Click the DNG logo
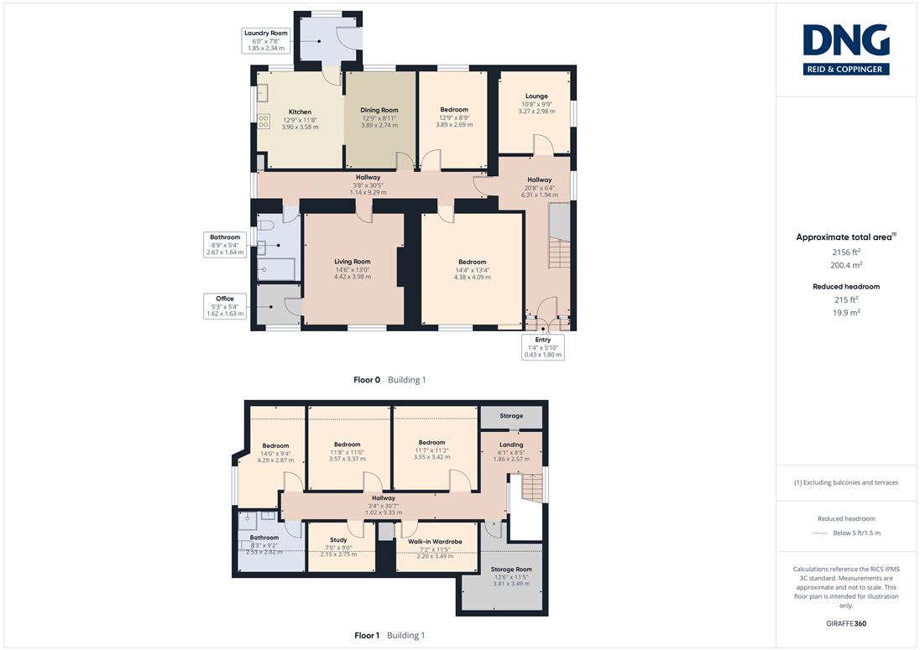(x=846, y=49)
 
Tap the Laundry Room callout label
(x=266, y=40)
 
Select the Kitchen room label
(x=300, y=119)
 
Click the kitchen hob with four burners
(x=264, y=122)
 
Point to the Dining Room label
(x=379, y=117)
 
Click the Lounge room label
(x=536, y=103)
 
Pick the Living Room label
(x=352, y=269)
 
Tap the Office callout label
(x=225, y=306)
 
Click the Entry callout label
(x=543, y=347)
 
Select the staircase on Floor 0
(x=559, y=236)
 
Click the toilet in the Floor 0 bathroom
(x=266, y=225)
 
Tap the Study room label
(x=338, y=547)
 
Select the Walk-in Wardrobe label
(x=435, y=549)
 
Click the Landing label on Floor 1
(x=511, y=452)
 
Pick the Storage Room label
(x=511, y=576)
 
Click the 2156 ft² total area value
(x=846, y=252)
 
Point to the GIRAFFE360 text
(x=846, y=624)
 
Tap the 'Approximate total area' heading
(x=846, y=237)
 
